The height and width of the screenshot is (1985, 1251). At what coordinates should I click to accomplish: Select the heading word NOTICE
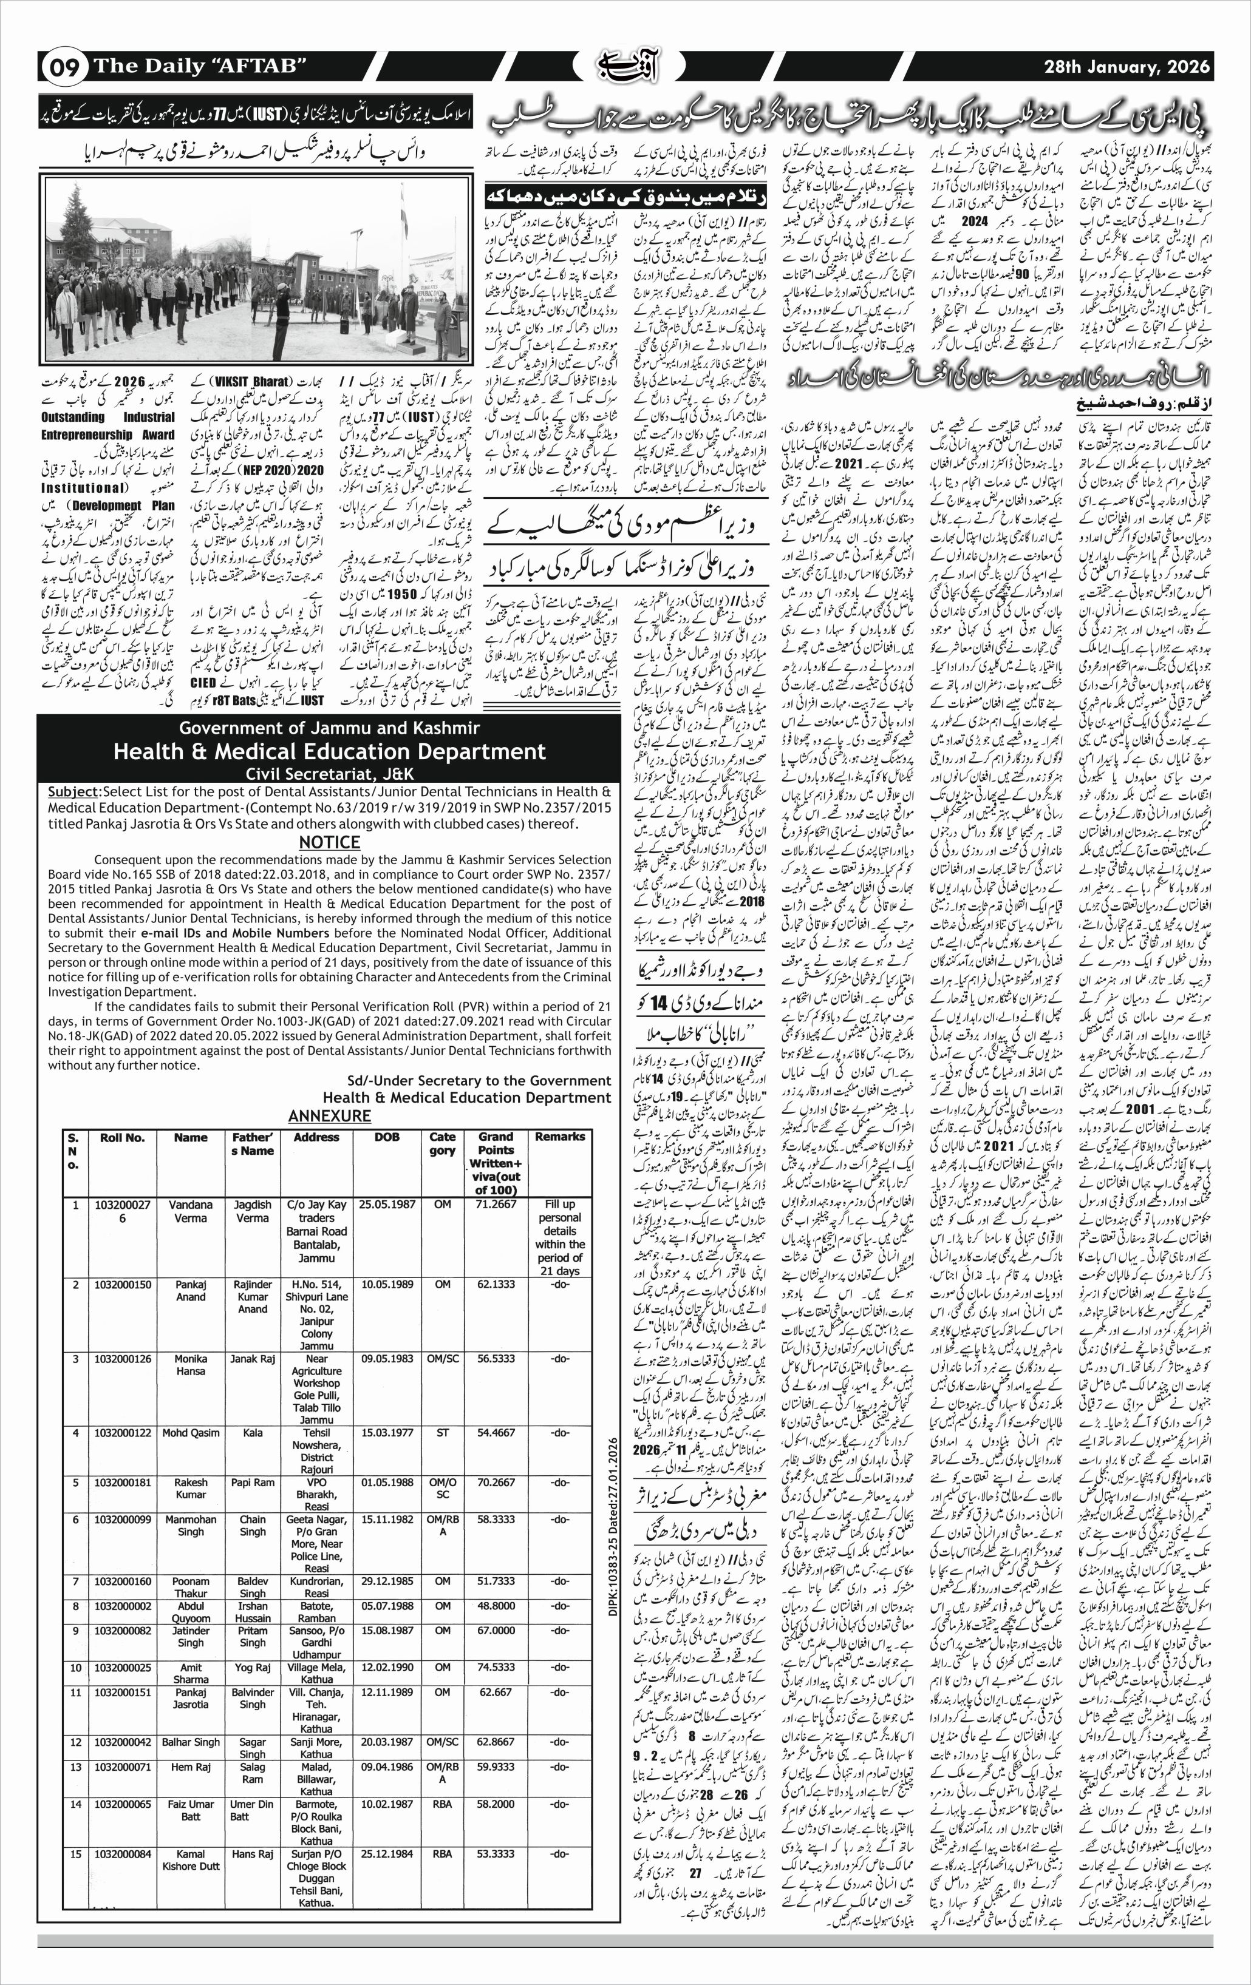329,842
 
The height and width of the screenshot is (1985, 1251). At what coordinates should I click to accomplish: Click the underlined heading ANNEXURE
329,1115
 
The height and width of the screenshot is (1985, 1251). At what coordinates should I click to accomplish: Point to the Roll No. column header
122,1138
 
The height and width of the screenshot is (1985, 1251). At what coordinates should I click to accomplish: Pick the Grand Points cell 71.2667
496,1205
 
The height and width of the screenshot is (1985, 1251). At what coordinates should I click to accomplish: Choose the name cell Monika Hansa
191,1364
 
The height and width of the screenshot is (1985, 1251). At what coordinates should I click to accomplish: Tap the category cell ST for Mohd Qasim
442,1433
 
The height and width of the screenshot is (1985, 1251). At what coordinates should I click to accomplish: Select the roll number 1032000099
122,1520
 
